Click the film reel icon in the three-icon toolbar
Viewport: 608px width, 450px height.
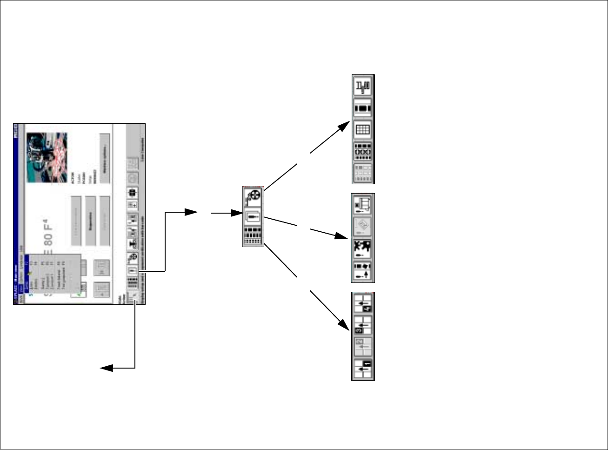[253, 196]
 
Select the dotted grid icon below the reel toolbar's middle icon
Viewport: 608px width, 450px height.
[253, 236]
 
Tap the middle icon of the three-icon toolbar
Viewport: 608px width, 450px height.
[253, 217]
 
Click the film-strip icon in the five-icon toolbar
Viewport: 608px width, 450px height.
[363, 108]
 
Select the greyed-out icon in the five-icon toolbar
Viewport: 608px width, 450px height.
[363, 173]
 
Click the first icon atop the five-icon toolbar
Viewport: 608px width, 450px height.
[363, 87]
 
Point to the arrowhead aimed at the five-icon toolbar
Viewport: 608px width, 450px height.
[345, 125]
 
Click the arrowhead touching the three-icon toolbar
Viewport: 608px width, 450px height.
[237, 214]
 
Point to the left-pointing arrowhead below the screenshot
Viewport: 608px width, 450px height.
[105, 368]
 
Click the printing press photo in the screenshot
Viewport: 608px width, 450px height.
[47, 152]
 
